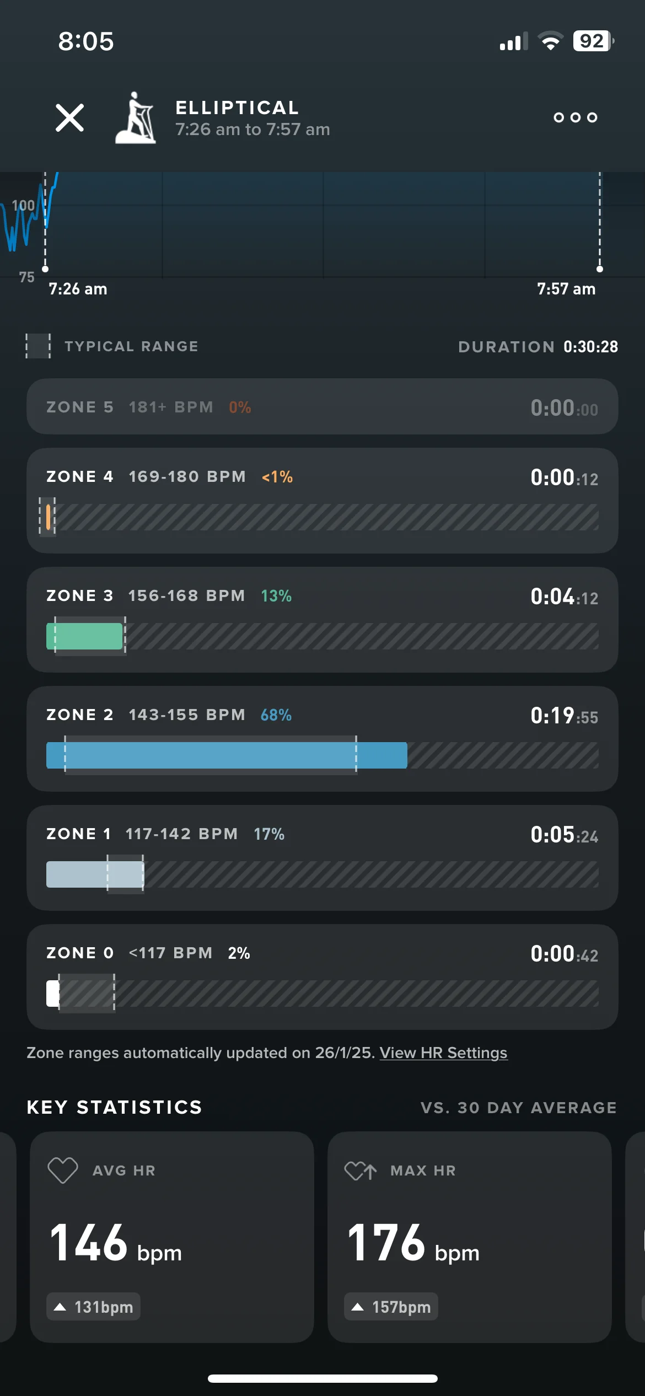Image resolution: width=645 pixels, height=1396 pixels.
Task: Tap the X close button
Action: [70, 118]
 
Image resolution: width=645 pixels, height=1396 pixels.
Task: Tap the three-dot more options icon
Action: [576, 117]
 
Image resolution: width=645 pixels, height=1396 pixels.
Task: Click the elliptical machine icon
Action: [136, 118]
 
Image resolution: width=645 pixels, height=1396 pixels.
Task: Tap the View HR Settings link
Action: [443, 1053]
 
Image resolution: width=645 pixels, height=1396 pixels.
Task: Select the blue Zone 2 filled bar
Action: [227, 755]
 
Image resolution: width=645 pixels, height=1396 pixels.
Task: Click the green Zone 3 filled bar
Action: [84, 636]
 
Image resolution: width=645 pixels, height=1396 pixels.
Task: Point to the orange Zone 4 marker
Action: [49, 517]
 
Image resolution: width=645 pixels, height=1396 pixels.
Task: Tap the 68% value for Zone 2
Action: [276, 715]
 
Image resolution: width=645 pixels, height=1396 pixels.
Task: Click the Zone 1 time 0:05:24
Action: [565, 835]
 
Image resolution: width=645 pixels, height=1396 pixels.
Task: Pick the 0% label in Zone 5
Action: [240, 407]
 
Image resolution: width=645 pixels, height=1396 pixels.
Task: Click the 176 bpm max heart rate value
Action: [413, 1243]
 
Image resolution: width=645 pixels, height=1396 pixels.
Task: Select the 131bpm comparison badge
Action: [93, 1307]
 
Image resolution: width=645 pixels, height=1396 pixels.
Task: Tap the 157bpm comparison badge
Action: [391, 1307]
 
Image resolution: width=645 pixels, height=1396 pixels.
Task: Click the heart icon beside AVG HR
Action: [63, 1171]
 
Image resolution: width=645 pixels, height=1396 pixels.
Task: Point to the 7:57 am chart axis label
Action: [566, 289]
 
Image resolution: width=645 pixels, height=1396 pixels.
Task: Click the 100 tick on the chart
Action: [23, 206]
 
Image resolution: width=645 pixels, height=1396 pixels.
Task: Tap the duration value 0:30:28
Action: [590, 347]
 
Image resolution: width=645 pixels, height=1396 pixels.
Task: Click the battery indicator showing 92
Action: [593, 41]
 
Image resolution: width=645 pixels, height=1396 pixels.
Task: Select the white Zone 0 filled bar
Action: [52, 994]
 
